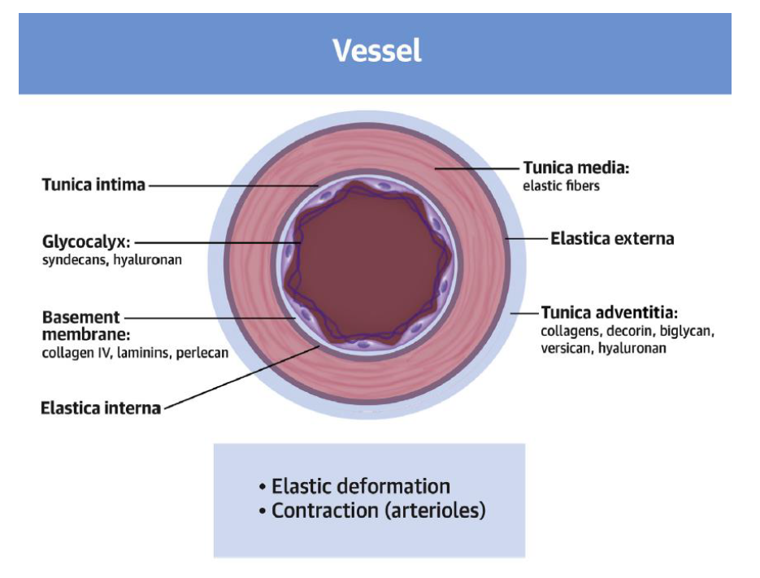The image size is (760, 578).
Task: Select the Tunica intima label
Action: coord(93,185)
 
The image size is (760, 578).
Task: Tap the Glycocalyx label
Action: coord(86,241)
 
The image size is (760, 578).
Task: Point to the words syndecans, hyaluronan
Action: coord(112,261)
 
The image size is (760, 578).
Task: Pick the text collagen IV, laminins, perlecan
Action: coord(135,353)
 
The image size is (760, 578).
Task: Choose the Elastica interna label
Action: coord(100,407)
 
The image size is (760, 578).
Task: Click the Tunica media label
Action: coord(576,168)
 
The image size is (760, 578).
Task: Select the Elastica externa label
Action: coord(612,239)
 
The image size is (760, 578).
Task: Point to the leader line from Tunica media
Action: coord(480,168)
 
